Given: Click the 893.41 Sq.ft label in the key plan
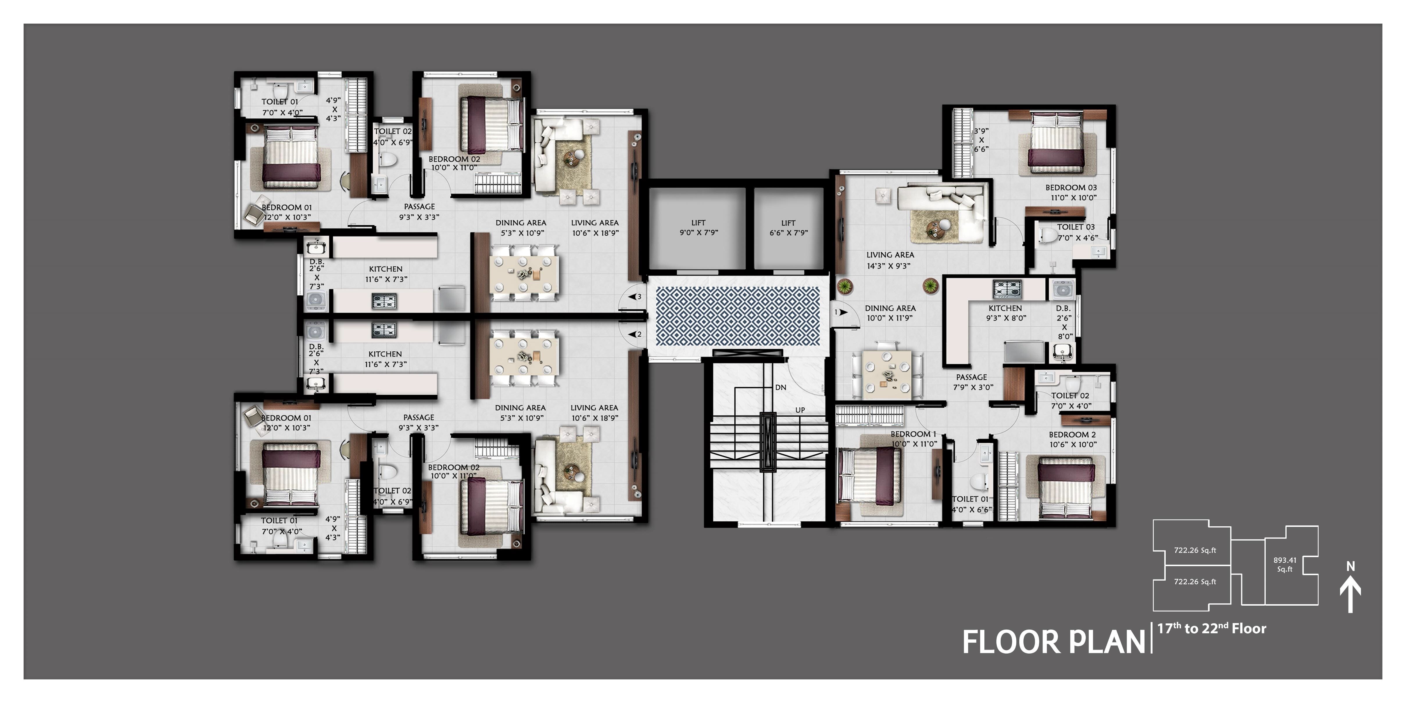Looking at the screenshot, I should [1285, 564].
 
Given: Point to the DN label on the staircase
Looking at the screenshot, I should [780, 387].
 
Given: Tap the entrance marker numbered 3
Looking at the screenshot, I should [635, 297].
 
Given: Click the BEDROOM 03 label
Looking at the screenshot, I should [1071, 188].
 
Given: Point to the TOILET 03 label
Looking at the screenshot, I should [1076, 227].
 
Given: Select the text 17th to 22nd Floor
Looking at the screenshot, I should [1212, 629].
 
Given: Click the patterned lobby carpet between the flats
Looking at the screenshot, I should [737, 316].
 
